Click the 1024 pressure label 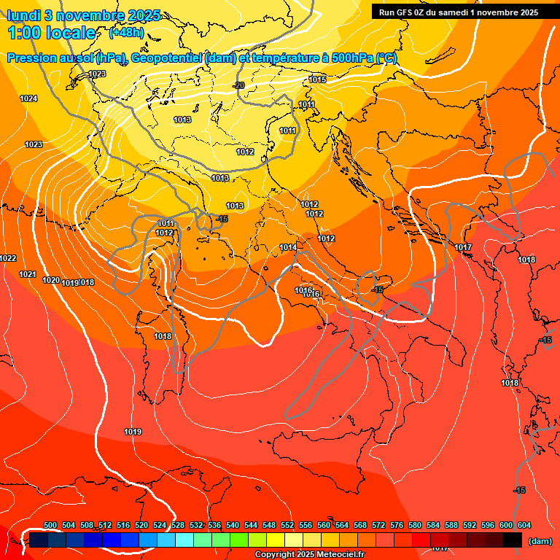[28, 98]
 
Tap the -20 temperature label [238, 85]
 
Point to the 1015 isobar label [317, 79]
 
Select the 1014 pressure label [288, 248]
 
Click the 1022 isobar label [8, 259]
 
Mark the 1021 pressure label [28, 274]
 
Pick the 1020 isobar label [51, 280]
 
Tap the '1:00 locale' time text [52, 33]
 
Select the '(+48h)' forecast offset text [126, 33]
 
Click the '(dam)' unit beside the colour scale [540, 541]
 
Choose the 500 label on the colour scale [50, 525]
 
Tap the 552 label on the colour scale [288, 525]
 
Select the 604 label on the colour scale [524, 525]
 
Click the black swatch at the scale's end [513, 540]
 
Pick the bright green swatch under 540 [238, 540]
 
